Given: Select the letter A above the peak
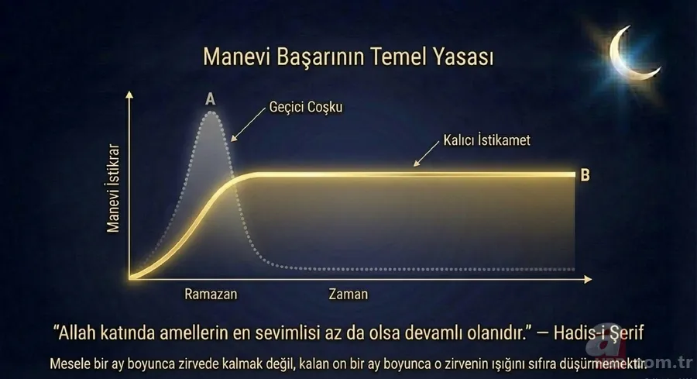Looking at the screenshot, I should tap(210, 98).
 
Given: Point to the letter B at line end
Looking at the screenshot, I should tap(585, 175).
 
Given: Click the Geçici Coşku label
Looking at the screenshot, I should tap(305, 108).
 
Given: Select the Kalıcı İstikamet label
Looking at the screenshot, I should tap(486, 142).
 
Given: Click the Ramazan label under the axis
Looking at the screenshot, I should tap(211, 295).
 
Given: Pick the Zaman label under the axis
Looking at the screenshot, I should tap(348, 295).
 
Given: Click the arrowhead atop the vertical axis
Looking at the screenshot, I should tap(130, 95).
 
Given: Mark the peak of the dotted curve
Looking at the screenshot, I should tap(211, 112).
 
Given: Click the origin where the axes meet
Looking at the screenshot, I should tap(130, 277).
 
